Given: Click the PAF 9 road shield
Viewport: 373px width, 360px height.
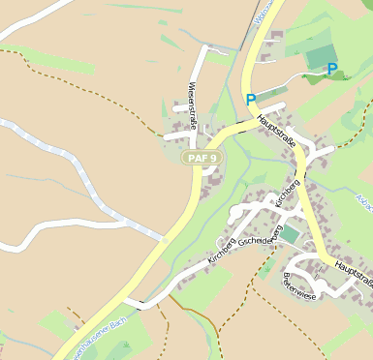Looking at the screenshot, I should (202, 158).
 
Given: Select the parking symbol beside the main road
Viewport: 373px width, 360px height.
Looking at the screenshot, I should (251, 100).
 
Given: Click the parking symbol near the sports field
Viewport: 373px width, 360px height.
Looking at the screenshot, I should (332, 70).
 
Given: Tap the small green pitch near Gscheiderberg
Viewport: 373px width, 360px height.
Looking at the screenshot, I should (291, 233).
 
